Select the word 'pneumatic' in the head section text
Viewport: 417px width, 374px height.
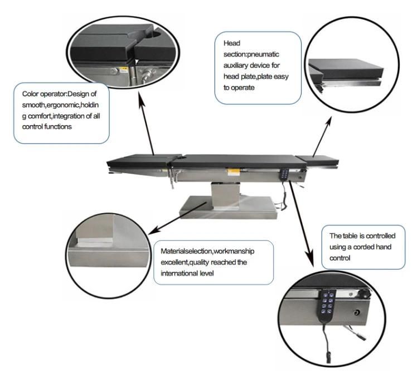tap(262, 54)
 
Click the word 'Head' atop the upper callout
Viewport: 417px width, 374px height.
tap(231, 43)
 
